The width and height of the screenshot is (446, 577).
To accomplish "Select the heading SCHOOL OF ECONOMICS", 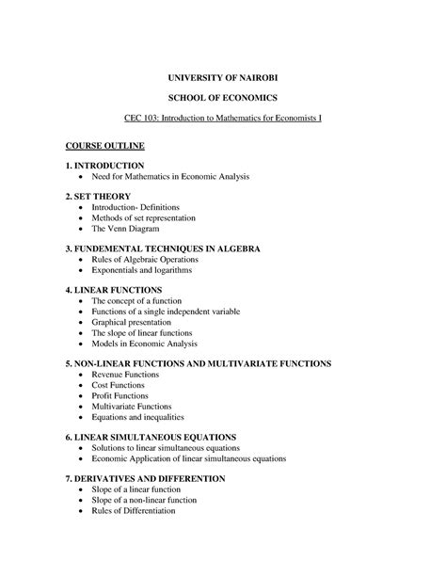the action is coord(223,98).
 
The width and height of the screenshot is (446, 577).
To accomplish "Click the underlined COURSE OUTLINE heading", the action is coord(104,148).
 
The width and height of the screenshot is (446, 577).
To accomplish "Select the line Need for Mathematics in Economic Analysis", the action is coord(169,177).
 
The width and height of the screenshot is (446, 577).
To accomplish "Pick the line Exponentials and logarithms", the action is coord(141,271).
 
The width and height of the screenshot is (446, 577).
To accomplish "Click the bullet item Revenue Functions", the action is coord(125,374).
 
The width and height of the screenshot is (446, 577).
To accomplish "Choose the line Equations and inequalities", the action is coord(137,417).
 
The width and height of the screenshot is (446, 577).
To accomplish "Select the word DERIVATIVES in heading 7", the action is coord(112,478).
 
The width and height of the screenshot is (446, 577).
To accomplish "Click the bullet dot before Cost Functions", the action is coord(81,385).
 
